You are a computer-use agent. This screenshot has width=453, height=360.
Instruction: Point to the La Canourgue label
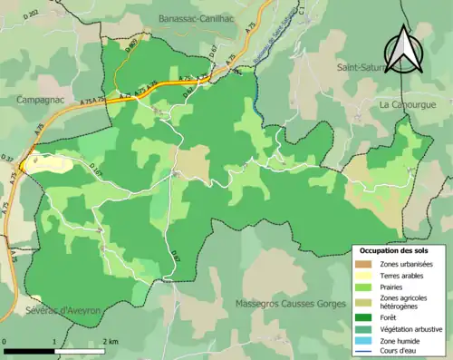409,104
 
